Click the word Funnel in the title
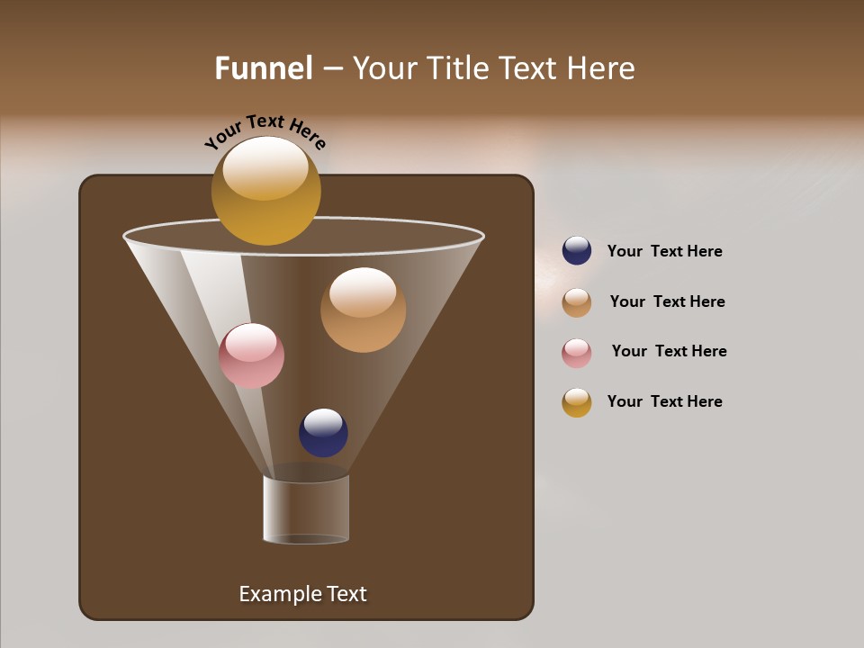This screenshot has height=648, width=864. [x=264, y=68]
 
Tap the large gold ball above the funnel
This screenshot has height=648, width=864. [x=265, y=191]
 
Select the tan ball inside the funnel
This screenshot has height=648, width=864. [x=363, y=310]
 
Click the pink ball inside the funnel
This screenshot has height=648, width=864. [x=251, y=355]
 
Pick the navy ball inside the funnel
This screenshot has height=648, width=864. [x=323, y=433]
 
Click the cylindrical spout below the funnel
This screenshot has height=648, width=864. [x=306, y=509]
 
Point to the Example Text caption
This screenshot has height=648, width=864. [x=302, y=594]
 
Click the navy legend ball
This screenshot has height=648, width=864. [x=577, y=251]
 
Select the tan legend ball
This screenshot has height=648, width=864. [x=577, y=302]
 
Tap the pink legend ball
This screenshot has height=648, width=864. [x=577, y=353]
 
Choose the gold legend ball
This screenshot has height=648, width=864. [x=577, y=402]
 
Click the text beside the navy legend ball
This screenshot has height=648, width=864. [x=664, y=252]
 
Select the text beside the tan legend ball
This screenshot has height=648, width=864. [x=667, y=301]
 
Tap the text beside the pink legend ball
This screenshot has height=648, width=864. [x=669, y=351]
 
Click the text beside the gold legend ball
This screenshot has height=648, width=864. [x=664, y=401]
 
